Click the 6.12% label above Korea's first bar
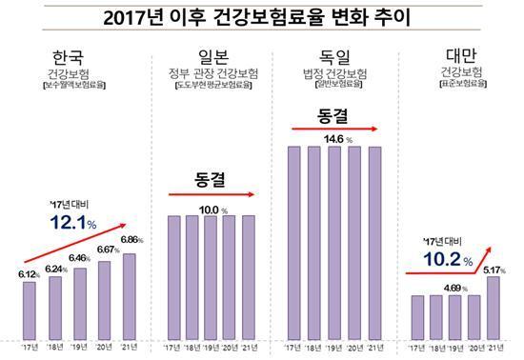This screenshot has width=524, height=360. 30,273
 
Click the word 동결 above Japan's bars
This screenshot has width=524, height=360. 209,177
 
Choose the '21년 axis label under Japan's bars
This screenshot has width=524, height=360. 250,348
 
